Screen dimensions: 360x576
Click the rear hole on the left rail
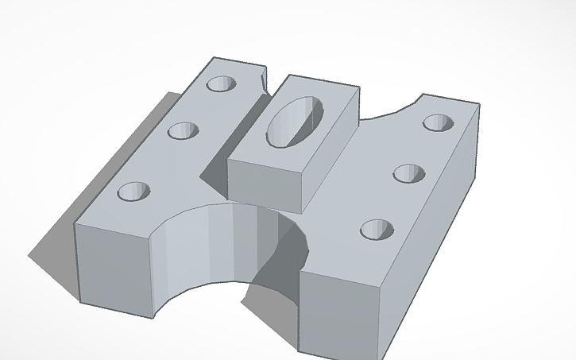click(x=222, y=83)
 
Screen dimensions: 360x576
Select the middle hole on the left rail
click(x=183, y=130)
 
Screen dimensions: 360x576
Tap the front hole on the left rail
click(x=133, y=192)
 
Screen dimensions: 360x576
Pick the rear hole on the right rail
click(x=437, y=122)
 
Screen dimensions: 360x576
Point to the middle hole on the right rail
click(x=408, y=173)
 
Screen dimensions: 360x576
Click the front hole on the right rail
click(x=376, y=230)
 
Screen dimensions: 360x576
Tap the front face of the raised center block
click(x=266, y=184)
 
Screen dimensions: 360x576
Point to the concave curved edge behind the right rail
click(x=389, y=111)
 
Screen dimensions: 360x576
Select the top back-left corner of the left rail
click(x=214, y=57)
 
